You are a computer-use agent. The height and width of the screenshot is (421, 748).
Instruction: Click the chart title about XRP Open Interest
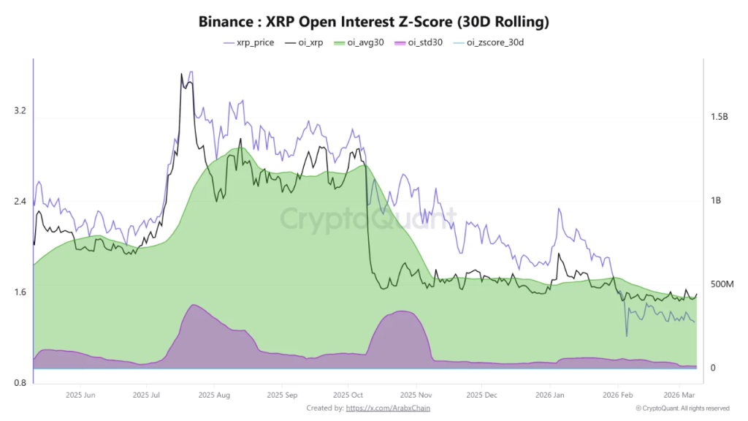point(374,22)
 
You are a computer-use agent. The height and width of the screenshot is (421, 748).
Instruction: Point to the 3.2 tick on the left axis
point(20,111)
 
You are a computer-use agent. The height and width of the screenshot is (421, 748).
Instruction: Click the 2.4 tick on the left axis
point(20,202)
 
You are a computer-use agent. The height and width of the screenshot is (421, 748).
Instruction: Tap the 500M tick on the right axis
point(722,284)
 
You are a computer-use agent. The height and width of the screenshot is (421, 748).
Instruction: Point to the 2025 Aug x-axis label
point(214,395)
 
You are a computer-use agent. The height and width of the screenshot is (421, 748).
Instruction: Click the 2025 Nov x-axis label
point(415,395)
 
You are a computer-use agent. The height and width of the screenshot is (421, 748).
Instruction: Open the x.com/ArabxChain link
point(387,408)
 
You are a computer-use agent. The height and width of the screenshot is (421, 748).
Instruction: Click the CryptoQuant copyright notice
point(682,408)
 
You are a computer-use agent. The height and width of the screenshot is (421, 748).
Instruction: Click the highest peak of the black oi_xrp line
point(181,74)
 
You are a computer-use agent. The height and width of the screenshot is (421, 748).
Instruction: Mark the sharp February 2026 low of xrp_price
point(627,335)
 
